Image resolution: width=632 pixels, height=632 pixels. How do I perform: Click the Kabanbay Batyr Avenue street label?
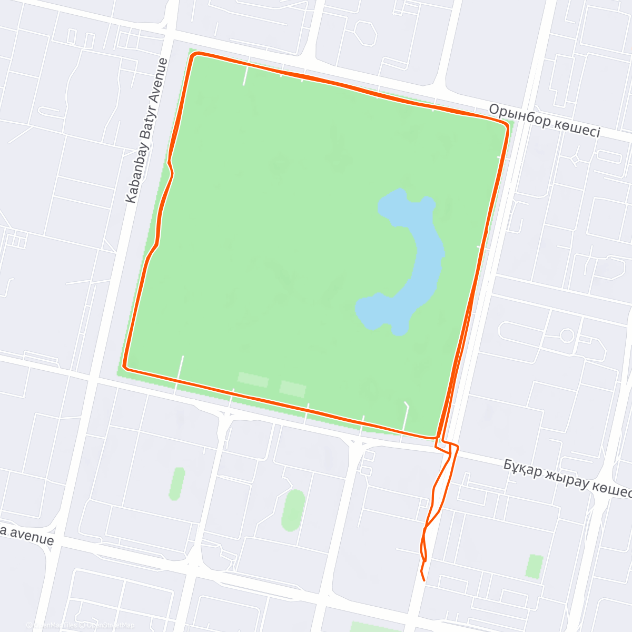pyautogui.click(x=147, y=131)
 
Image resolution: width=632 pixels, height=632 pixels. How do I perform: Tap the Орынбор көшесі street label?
pyautogui.click(x=544, y=120)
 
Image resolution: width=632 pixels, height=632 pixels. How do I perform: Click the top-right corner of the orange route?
pyautogui.click(x=508, y=125)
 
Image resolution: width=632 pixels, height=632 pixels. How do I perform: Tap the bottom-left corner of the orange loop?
pyautogui.click(x=124, y=366)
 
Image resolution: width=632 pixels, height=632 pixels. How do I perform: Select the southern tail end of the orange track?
pyautogui.click(x=424, y=580)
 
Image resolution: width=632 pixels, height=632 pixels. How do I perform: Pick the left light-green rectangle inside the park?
pyautogui.click(x=253, y=379)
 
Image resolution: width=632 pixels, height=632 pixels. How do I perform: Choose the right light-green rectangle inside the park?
pyautogui.click(x=293, y=389)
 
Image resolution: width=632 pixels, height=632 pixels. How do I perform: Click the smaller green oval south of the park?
pyautogui.click(x=177, y=483)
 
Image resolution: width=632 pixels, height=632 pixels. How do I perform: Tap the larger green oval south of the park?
pyautogui.click(x=294, y=510)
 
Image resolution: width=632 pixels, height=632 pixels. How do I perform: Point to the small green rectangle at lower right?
pyautogui.click(x=535, y=566)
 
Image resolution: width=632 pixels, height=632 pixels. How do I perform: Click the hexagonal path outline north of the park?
pyautogui.click(x=365, y=34)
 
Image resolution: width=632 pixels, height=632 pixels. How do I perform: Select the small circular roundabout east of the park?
pyautogui.click(x=567, y=335)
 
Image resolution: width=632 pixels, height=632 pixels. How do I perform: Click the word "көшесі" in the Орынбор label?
pyautogui.click(x=576, y=127)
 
